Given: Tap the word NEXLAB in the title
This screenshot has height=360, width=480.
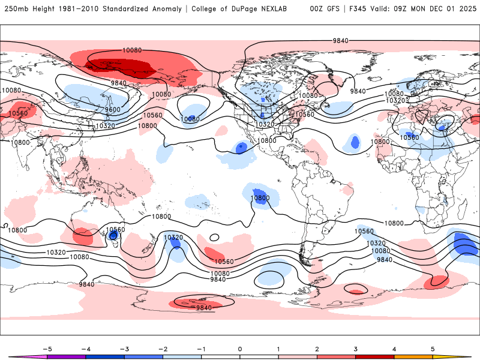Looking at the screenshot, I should point(280,9).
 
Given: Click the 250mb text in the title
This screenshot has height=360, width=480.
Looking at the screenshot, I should point(15,9).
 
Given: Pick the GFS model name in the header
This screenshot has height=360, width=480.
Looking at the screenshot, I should point(332,9).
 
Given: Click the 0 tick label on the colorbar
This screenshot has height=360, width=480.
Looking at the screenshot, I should point(240,348).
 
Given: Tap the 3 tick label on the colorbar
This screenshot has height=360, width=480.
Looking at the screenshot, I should point(356,348).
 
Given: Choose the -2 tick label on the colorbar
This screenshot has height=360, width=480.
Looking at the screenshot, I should point(163,348).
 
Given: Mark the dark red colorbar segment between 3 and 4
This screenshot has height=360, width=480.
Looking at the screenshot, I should point(375,356).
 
